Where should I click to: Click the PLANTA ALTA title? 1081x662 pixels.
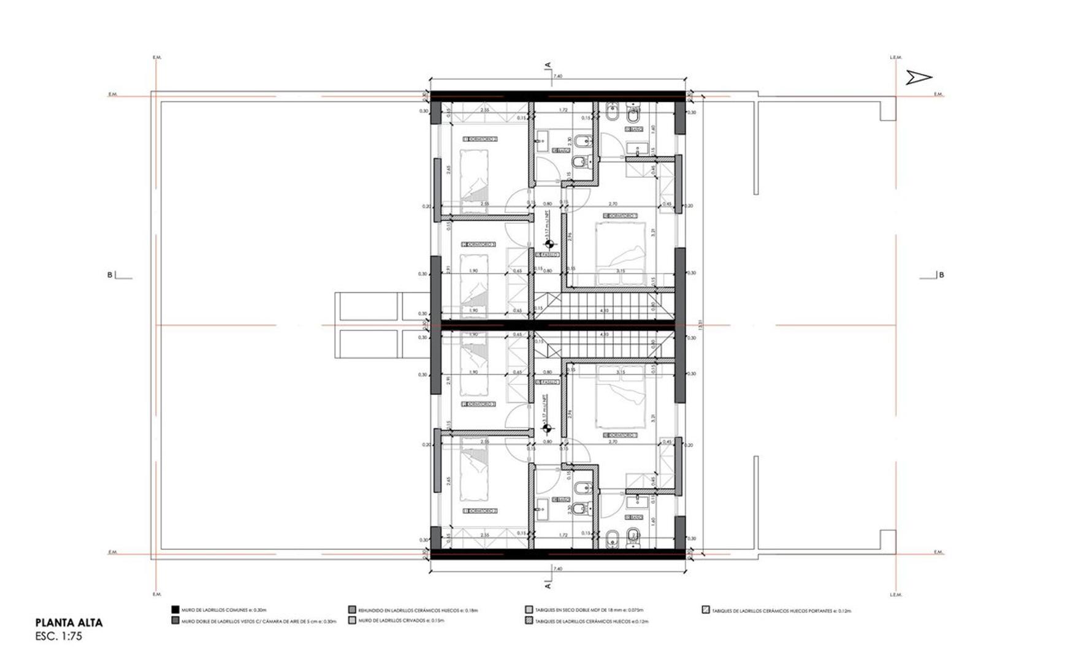(69, 623)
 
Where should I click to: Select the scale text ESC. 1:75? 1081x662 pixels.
(59, 636)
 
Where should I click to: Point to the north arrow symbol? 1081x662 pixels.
(919, 77)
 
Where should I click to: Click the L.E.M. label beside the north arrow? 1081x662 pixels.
(896, 58)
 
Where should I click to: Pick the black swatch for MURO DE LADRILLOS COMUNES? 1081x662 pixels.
(175, 610)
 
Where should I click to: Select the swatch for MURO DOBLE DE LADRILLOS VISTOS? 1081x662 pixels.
(175, 621)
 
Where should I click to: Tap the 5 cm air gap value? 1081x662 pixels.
(303, 622)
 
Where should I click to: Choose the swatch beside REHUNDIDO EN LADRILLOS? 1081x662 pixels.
(352, 610)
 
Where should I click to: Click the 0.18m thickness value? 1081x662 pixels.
(470, 611)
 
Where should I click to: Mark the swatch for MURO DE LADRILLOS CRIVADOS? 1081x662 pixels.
(352, 621)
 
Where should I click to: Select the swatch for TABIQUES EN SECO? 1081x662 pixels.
(529, 610)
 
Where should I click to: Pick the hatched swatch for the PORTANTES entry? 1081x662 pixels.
(706, 610)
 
